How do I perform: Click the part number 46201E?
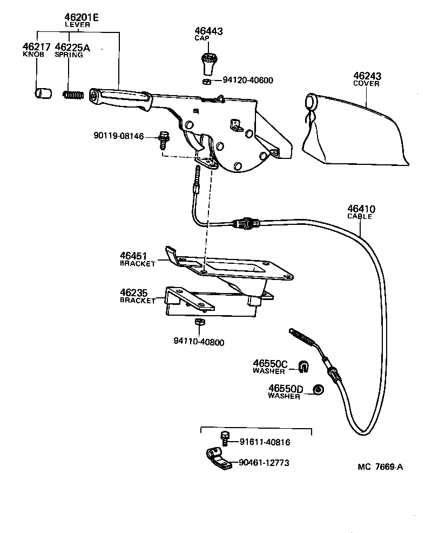tap(81, 17)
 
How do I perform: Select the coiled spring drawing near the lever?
tap(73, 95)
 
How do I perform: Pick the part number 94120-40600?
tap(248, 81)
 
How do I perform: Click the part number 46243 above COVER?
tap(367, 76)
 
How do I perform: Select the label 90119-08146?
tap(118, 136)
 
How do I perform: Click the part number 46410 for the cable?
tap(361, 209)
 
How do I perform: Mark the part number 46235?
tap(133, 293)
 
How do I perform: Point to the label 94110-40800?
tap(199, 342)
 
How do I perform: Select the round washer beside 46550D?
tap(319, 390)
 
